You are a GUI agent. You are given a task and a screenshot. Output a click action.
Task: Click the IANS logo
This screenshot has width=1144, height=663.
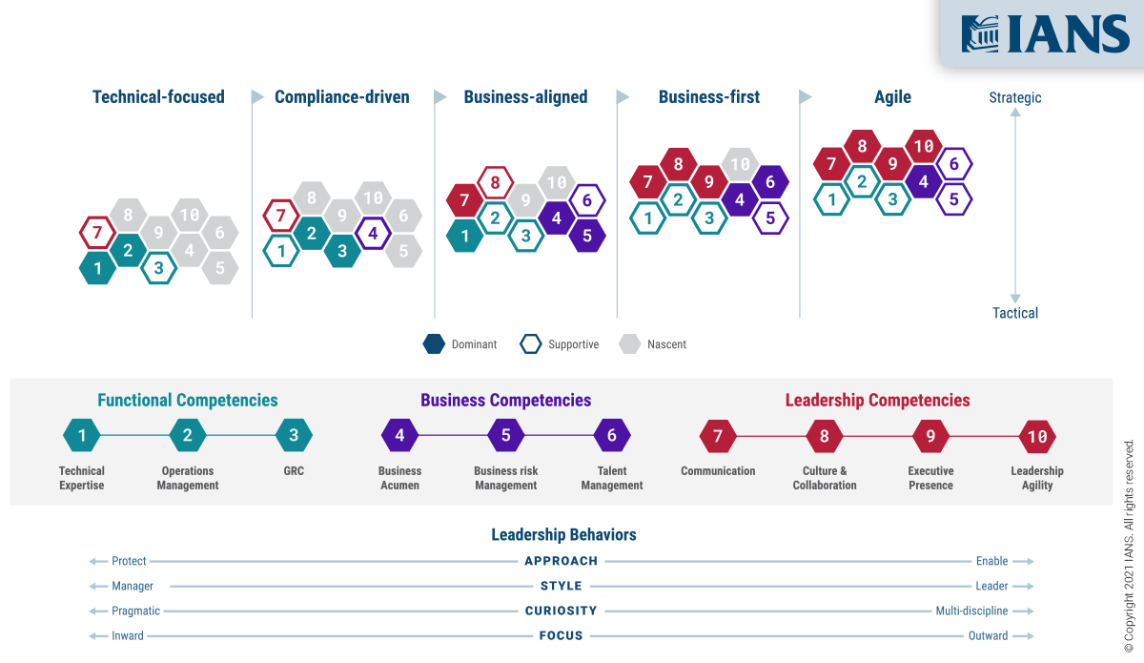(1045, 34)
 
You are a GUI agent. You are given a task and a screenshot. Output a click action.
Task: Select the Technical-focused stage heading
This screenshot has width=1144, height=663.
(158, 97)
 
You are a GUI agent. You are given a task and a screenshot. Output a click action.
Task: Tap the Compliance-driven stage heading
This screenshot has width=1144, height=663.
(341, 97)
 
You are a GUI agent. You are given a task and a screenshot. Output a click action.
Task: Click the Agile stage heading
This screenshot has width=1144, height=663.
(892, 97)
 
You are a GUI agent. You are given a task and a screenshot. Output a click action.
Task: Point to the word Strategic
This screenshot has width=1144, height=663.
(1015, 97)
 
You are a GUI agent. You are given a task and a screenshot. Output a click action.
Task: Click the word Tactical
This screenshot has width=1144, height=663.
(1015, 313)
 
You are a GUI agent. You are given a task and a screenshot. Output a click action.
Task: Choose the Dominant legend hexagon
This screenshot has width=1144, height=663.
(434, 344)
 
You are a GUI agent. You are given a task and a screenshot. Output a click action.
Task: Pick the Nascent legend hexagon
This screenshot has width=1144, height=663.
(629, 344)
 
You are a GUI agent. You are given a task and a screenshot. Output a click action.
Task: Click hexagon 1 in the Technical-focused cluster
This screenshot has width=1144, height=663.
(97, 269)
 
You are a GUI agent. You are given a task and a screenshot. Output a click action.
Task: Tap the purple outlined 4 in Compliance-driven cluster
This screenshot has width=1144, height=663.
(373, 233)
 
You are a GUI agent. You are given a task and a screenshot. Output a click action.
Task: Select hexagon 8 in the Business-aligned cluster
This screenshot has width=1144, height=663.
(495, 182)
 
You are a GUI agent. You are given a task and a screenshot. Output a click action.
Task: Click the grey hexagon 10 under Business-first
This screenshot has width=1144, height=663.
(740, 164)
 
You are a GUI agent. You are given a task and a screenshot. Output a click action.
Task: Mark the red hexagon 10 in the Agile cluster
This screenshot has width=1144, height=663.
(923, 147)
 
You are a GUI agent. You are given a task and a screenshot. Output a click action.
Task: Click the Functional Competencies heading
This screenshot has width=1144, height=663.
(188, 401)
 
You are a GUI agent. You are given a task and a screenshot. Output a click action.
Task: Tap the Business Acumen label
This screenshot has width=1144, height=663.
(399, 478)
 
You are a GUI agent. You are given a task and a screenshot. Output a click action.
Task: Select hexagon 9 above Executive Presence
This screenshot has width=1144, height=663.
(930, 437)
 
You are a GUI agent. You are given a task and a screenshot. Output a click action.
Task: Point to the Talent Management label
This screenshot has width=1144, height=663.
(612, 478)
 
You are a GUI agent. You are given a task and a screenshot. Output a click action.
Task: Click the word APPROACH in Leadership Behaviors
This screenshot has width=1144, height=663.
(561, 561)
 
